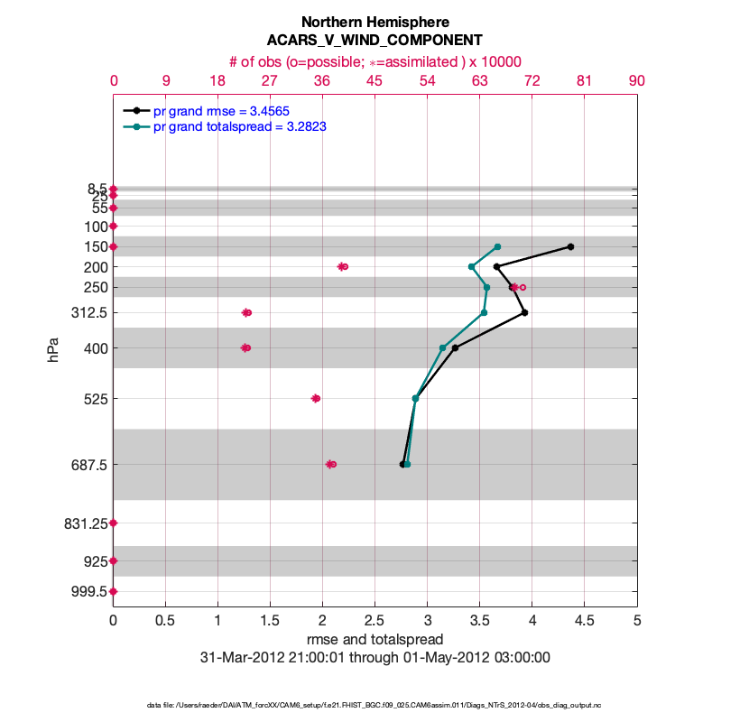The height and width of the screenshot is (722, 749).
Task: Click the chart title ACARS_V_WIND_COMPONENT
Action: [374, 41]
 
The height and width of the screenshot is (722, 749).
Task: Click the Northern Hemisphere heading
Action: [374, 22]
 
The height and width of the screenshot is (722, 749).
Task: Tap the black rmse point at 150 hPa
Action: [570, 246]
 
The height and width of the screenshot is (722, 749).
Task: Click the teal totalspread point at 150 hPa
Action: [497, 246]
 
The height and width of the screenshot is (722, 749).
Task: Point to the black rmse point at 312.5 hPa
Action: [524, 312]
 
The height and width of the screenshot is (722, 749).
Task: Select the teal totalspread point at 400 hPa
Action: [442, 347]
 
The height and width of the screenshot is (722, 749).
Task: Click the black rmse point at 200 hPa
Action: [496, 266]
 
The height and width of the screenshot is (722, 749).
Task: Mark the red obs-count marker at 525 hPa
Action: [316, 398]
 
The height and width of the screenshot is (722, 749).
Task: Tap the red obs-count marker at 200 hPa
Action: [343, 266]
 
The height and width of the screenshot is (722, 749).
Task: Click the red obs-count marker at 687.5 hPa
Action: [331, 464]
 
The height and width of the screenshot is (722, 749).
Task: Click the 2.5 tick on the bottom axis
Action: [374, 621]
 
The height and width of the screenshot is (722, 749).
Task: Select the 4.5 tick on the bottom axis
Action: [584, 621]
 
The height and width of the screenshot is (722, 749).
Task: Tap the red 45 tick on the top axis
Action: [374, 80]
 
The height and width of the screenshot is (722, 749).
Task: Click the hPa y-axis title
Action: [52, 348]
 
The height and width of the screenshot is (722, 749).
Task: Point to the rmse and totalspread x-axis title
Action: [374, 639]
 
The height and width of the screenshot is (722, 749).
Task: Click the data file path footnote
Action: [374, 704]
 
